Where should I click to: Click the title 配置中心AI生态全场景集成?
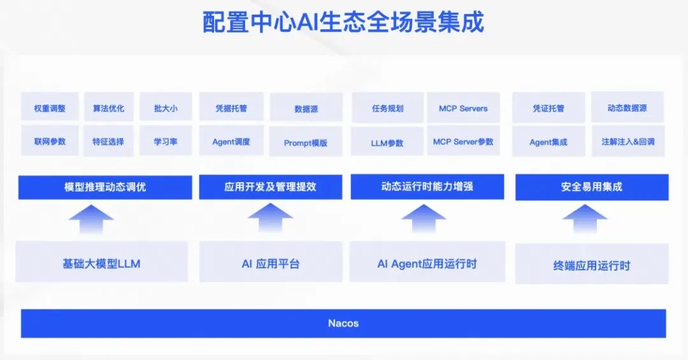[x=343, y=22]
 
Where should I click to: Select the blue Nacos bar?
[x=343, y=323]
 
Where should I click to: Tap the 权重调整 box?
[x=50, y=108]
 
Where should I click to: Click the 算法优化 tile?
[x=108, y=108]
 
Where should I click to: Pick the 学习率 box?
[x=166, y=141]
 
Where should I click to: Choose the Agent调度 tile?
[x=231, y=141]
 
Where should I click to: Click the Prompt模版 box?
[x=306, y=143]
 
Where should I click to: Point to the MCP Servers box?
[x=463, y=108]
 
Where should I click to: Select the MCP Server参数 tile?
[x=463, y=141]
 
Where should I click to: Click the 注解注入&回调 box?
[x=627, y=141]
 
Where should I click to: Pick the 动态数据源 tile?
[x=627, y=108]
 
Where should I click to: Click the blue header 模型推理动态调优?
[x=105, y=187]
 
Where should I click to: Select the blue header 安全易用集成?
[x=592, y=187]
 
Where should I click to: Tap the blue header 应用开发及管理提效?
[x=270, y=187]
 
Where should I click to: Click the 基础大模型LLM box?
[x=101, y=263]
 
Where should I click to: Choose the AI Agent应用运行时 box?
[x=427, y=263]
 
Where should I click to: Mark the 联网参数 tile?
[x=50, y=141]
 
